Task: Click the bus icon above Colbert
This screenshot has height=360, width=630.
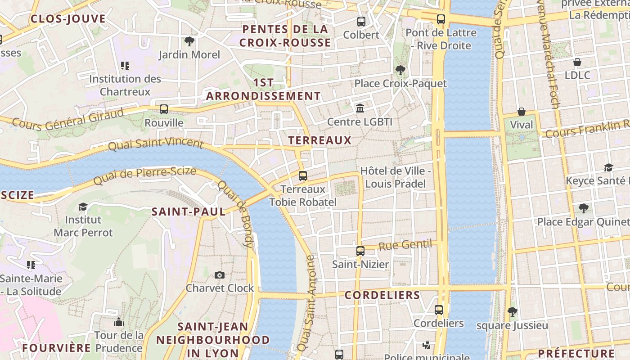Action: [361, 21]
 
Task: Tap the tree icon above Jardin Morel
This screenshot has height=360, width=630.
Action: [189, 41]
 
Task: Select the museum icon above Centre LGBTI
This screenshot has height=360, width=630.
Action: [360, 108]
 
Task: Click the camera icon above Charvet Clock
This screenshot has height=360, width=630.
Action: [220, 275]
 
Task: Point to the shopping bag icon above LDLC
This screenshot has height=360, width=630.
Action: [577, 62]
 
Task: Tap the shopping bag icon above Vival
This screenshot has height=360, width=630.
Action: [521, 111]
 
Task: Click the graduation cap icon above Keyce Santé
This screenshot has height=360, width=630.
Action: [608, 167]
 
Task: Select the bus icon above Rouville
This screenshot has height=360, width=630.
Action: [164, 109]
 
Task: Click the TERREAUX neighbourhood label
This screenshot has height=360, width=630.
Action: [319, 140]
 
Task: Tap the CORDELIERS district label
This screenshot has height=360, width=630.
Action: [382, 296]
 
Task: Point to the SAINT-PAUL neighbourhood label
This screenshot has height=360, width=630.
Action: [189, 212]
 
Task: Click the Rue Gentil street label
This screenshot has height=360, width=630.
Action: [405, 245]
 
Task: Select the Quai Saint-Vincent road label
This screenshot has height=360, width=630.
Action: [156, 144]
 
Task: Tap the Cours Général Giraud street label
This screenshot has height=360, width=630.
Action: [67, 118]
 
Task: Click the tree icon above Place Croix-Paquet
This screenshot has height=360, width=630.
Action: [400, 70]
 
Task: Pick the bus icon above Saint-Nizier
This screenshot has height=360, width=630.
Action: [360, 251]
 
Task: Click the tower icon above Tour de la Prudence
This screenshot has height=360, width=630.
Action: [119, 322]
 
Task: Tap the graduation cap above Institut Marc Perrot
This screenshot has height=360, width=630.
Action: [83, 207]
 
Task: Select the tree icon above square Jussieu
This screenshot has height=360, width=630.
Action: [512, 311]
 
